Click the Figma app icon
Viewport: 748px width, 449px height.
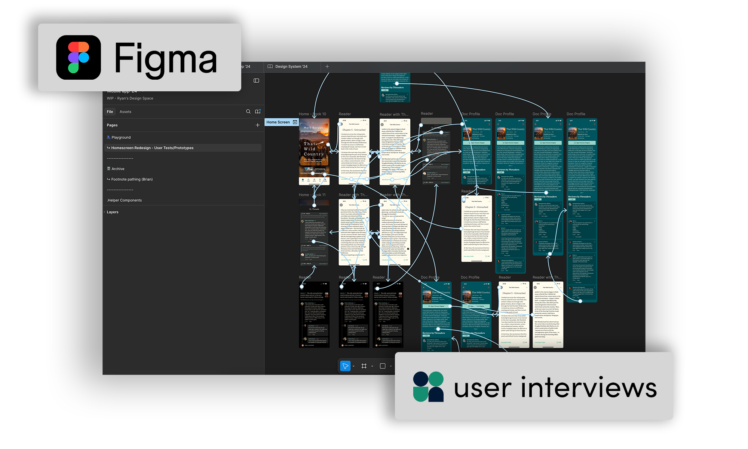click(79, 57)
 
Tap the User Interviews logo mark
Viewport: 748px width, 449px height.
click(428, 387)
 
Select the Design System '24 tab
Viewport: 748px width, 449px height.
click(291, 67)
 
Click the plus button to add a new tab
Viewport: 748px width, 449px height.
click(327, 67)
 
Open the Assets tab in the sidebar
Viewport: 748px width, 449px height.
click(125, 112)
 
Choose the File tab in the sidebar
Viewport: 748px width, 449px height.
click(110, 112)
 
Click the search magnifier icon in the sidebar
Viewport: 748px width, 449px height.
click(248, 112)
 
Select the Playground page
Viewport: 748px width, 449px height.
click(121, 137)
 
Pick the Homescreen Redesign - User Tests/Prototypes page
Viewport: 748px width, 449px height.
click(152, 148)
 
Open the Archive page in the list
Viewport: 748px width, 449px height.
click(118, 169)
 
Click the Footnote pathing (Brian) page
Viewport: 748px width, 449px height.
click(132, 179)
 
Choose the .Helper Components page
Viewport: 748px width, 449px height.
click(124, 200)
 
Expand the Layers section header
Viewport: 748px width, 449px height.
click(112, 212)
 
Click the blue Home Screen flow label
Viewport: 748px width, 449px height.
click(278, 122)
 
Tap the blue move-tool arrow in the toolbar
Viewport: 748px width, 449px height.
click(345, 366)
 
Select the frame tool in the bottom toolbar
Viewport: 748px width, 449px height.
click(364, 366)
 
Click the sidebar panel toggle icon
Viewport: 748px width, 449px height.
click(256, 80)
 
